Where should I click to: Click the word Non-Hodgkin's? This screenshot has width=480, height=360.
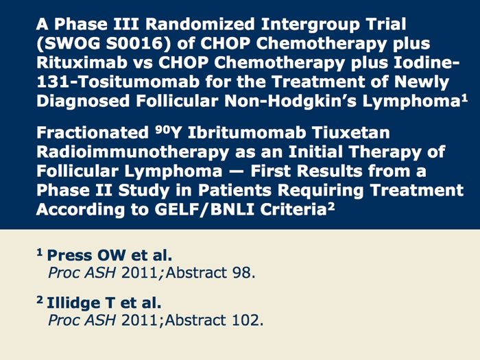[291, 101]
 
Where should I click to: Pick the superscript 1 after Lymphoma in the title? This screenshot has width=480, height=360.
[464, 98]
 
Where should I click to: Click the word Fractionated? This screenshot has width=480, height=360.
[93, 133]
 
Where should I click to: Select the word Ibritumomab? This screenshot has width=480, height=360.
[247, 133]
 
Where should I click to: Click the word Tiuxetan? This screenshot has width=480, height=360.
[351, 133]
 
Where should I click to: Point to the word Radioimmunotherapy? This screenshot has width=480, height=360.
[132, 152]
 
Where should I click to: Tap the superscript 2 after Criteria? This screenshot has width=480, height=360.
[331, 207]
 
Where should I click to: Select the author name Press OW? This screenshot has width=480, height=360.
[86, 255]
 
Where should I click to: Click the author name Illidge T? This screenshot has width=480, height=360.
[80, 303]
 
